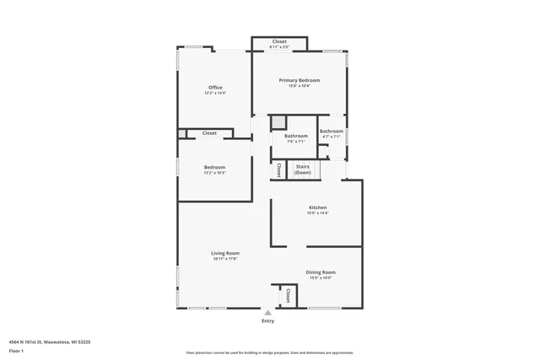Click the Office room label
point(215,88)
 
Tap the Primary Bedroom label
point(300,81)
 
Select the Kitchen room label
point(317,207)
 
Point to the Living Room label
point(225,253)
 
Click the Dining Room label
point(321,272)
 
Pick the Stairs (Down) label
point(302,169)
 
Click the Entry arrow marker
point(268,312)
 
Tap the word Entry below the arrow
point(268,321)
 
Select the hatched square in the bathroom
point(278,123)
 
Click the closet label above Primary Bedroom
point(279,42)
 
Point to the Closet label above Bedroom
point(209,133)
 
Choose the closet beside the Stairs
point(278,169)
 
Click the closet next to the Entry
point(288,296)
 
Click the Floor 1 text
point(16,350)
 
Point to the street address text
point(50,342)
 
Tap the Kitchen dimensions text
point(317,213)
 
